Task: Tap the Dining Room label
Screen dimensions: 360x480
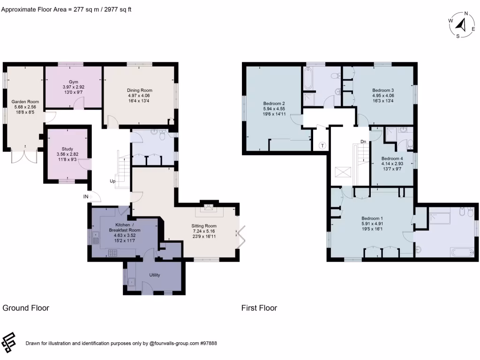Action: (x=139, y=90)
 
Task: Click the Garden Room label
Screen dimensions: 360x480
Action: (x=25, y=101)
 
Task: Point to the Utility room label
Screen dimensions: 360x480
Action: (x=156, y=275)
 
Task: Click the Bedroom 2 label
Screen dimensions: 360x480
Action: (x=274, y=103)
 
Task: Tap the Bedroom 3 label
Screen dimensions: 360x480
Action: (x=383, y=90)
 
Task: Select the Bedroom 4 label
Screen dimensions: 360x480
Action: (x=392, y=158)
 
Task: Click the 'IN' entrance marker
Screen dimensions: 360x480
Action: (x=86, y=197)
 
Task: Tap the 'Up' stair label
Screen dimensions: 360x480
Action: (x=113, y=181)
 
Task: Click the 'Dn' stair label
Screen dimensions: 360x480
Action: (x=363, y=142)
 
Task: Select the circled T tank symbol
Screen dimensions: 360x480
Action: (x=322, y=145)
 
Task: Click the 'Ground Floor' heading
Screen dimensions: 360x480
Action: (x=26, y=308)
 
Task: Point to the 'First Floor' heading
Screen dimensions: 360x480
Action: (x=259, y=308)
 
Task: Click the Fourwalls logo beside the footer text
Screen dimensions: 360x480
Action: (x=9, y=342)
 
